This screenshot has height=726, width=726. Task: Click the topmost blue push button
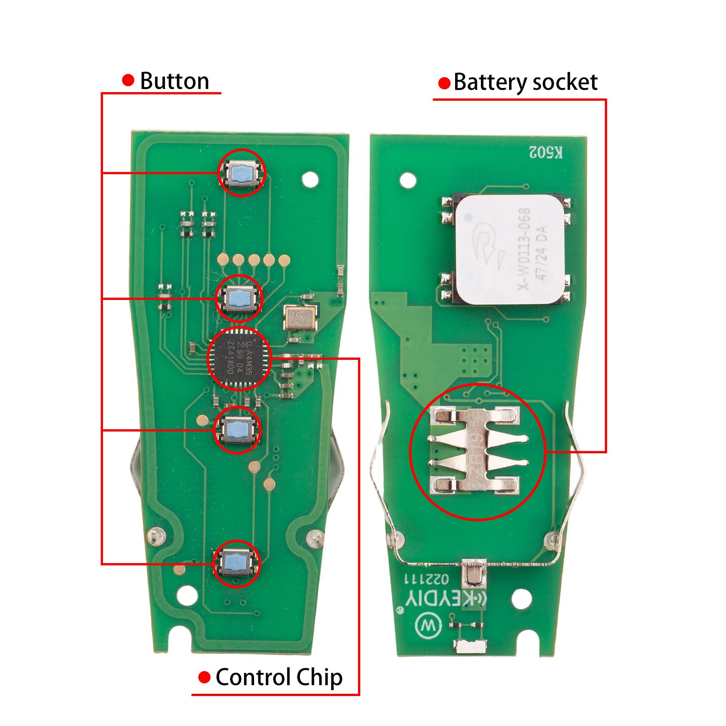[x=241, y=173]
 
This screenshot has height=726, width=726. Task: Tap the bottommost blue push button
[x=237, y=563]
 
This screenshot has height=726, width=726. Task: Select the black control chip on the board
[x=239, y=358]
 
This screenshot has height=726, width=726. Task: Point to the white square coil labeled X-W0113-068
[x=510, y=250]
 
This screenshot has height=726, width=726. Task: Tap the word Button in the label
[x=174, y=81]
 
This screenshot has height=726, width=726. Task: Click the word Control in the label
[x=253, y=677]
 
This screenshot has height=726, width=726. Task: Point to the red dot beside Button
[x=128, y=81]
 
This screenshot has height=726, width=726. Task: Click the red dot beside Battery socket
[x=444, y=83]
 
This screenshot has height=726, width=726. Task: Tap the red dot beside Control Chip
[x=205, y=677]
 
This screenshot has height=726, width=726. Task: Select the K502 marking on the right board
[x=546, y=153]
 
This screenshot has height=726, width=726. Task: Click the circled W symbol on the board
[x=428, y=627]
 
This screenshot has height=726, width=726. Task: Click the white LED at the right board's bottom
[x=471, y=646]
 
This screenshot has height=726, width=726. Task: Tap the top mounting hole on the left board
[x=310, y=179]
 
